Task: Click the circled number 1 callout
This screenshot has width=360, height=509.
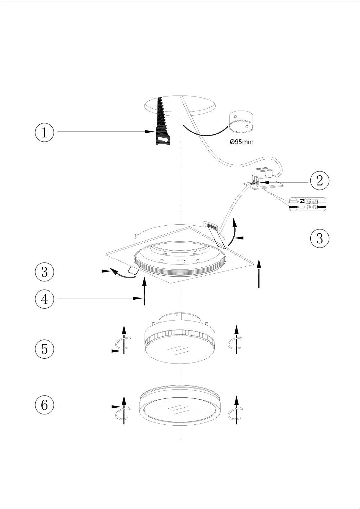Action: pos(44,132)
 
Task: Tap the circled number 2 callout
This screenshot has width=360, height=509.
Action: pos(320,181)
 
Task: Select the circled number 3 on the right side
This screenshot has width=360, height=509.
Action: pos(320,238)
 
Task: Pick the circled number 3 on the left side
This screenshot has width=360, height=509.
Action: pos(44,272)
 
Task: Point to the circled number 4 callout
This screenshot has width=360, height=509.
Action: pos(44,299)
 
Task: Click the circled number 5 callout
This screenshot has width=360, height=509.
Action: pos(44,349)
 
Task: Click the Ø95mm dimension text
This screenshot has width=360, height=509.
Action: pos(241,142)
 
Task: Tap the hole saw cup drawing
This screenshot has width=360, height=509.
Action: pos(241,123)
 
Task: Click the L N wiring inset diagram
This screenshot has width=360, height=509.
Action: pos(307,204)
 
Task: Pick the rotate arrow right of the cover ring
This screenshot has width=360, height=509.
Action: pos(236,411)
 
